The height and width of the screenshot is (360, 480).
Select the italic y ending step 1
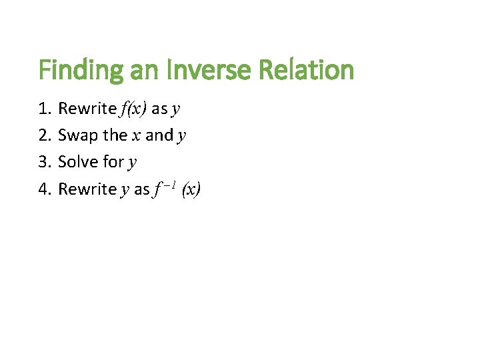tap(176, 110)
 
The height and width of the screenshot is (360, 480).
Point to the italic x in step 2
tap(136, 136)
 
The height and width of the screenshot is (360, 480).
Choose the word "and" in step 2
tap(159, 135)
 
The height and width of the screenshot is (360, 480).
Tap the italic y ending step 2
tap(182, 137)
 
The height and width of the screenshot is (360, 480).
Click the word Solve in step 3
tap(78, 162)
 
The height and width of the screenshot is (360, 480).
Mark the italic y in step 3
tap(133, 164)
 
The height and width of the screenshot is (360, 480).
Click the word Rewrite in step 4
tap(87, 189)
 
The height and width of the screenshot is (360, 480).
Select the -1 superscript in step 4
tap(169, 184)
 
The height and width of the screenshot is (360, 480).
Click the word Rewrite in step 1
tap(87, 108)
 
